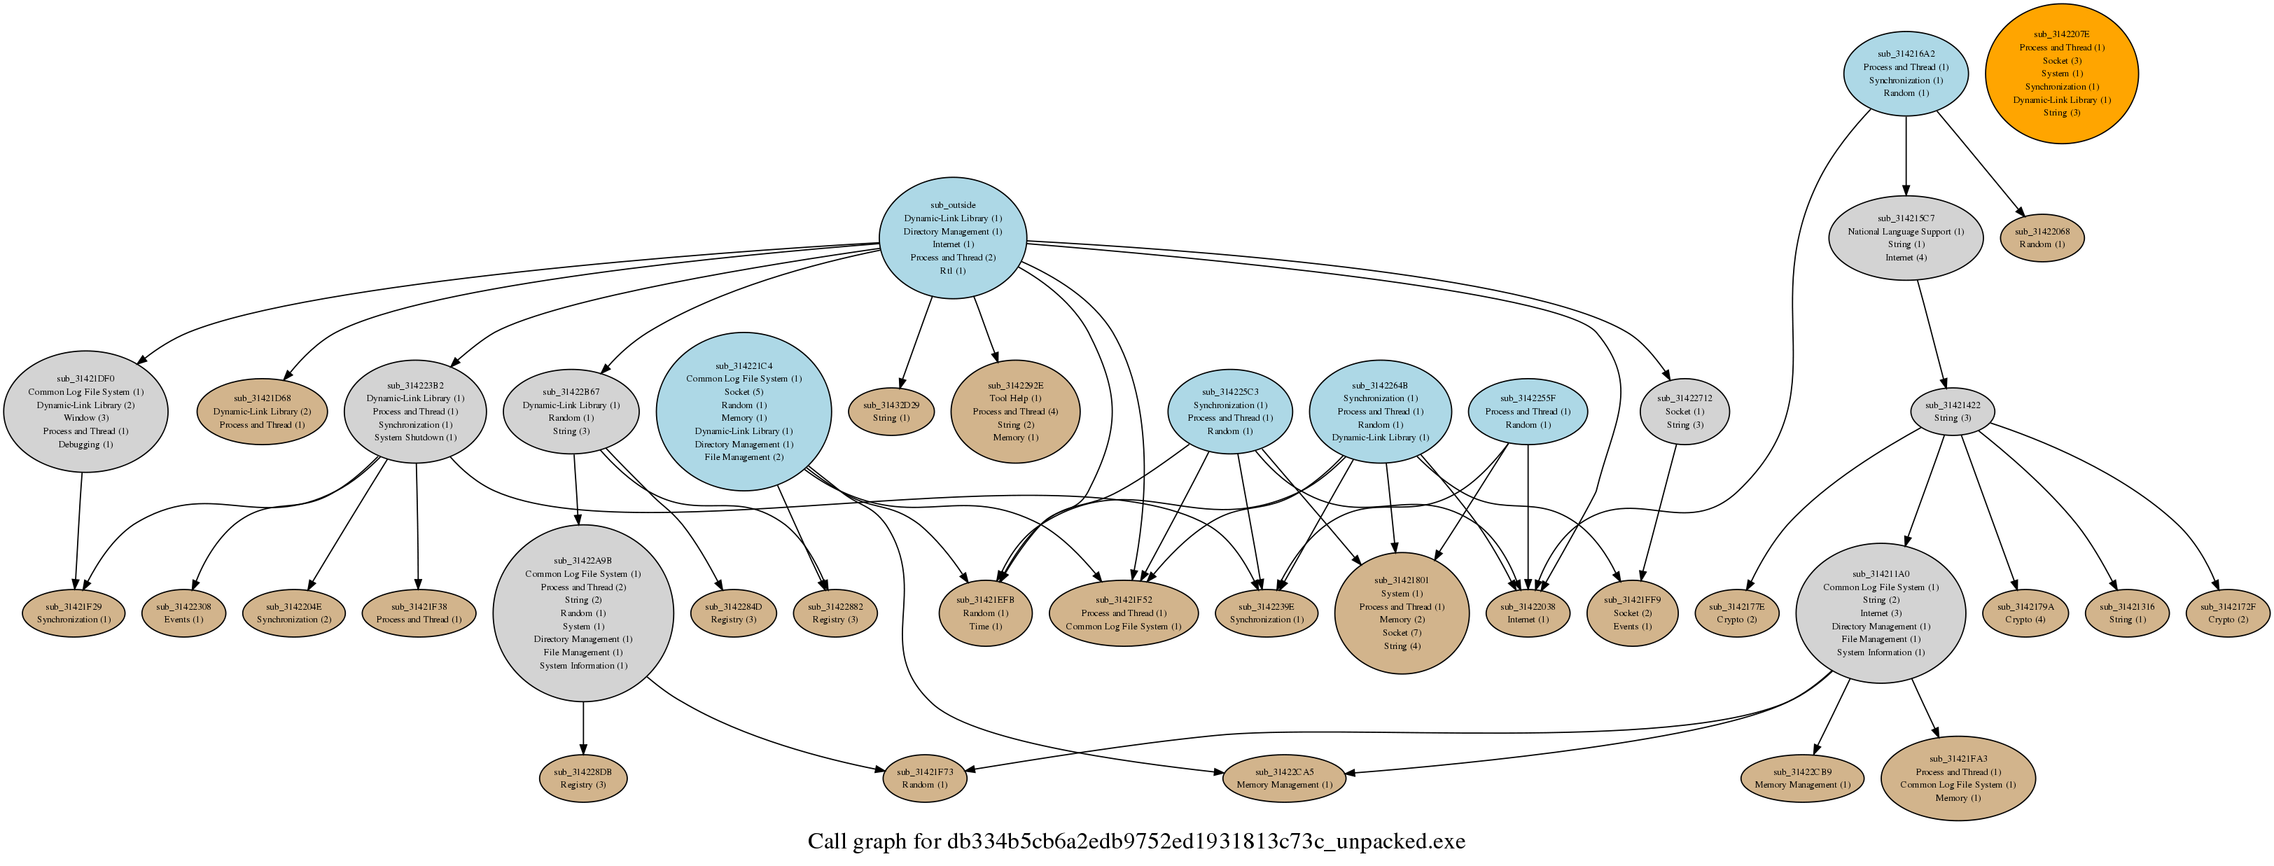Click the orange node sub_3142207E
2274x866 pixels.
point(2061,74)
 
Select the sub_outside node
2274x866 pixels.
point(952,237)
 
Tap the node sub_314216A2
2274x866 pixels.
point(1906,74)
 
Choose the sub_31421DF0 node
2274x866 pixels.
point(85,412)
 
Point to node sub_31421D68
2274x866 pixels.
point(262,412)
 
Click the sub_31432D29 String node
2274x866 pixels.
point(891,412)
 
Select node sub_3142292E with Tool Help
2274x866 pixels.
point(1015,412)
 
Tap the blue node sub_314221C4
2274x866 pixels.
point(744,412)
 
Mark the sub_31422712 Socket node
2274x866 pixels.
point(1684,412)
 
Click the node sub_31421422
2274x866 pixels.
point(1951,412)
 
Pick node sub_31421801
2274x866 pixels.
point(1402,613)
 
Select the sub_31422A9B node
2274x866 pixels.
point(583,613)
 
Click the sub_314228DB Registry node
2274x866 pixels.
point(583,778)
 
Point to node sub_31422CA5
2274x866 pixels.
point(1285,778)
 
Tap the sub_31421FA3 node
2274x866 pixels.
point(1958,778)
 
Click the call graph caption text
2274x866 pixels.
point(1137,841)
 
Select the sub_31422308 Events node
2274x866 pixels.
point(183,613)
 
